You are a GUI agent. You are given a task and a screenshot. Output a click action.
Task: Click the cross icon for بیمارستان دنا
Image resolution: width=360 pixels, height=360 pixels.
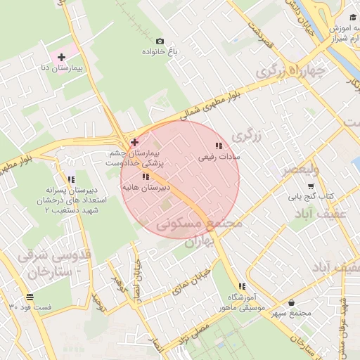click(x=62, y=57)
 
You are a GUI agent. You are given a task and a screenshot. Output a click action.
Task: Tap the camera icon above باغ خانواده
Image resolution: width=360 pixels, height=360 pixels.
click(x=160, y=42)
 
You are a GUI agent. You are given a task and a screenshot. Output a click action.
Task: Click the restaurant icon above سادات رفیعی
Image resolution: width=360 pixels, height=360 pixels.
click(x=219, y=146)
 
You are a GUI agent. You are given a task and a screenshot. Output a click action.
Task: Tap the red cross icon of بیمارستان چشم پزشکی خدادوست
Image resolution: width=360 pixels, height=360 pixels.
click(x=134, y=142)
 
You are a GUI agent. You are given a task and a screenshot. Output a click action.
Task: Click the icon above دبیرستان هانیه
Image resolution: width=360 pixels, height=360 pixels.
click(x=146, y=176)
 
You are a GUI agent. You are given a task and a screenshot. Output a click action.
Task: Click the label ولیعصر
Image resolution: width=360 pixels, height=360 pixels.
click(x=301, y=170)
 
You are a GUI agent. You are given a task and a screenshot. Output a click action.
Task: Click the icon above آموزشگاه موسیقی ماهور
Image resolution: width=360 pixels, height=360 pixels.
click(x=242, y=286)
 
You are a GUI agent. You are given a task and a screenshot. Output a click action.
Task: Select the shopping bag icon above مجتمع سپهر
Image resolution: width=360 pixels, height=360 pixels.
click(x=291, y=303)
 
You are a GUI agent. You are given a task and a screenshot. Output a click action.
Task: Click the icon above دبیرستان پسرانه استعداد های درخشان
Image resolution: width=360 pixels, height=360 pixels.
click(x=71, y=179)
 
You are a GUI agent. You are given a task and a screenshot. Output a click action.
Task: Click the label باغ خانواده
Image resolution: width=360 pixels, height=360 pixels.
click(x=161, y=53)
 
